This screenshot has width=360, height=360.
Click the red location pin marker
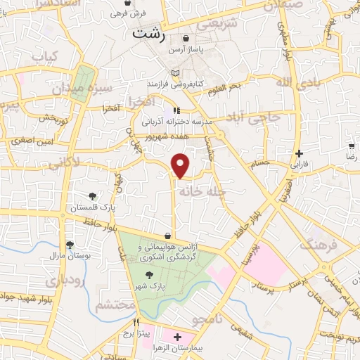click(x=181, y=165)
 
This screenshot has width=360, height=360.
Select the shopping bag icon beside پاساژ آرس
click(x=185, y=39)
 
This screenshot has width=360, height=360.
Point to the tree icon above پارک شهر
click(x=148, y=276)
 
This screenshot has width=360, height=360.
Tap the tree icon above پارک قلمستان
click(x=91, y=196)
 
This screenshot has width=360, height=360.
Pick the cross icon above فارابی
click(x=300, y=153)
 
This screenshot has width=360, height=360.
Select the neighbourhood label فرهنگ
click(x=319, y=244)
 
